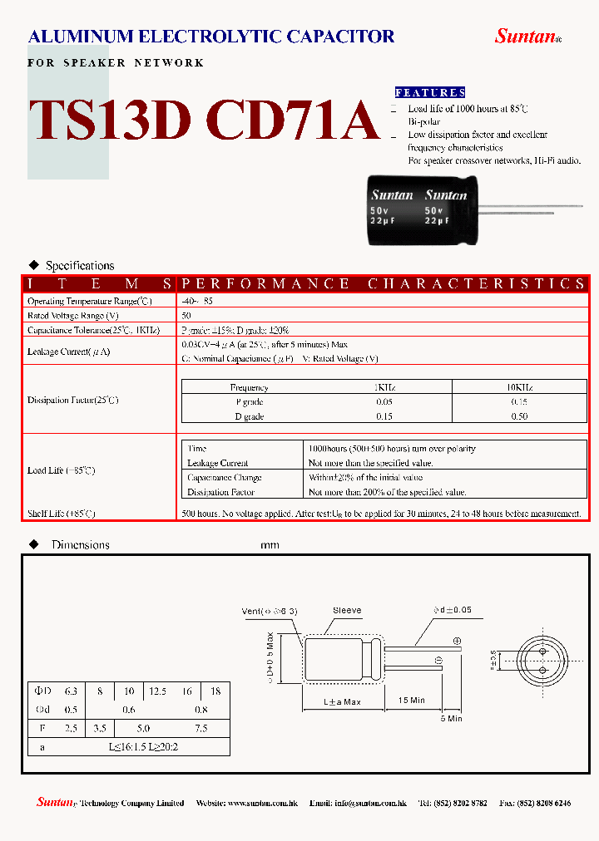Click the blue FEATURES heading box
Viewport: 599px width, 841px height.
click(429, 92)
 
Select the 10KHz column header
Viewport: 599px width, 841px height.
click(519, 387)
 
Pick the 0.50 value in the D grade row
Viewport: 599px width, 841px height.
click(519, 416)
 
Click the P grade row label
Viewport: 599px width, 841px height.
click(249, 402)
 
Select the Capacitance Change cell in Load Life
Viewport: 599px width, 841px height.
click(225, 478)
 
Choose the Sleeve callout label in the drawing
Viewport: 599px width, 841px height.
click(347, 611)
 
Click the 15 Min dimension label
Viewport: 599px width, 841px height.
click(411, 701)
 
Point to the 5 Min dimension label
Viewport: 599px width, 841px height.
click(452, 719)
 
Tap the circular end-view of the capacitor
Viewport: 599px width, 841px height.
click(542, 661)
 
